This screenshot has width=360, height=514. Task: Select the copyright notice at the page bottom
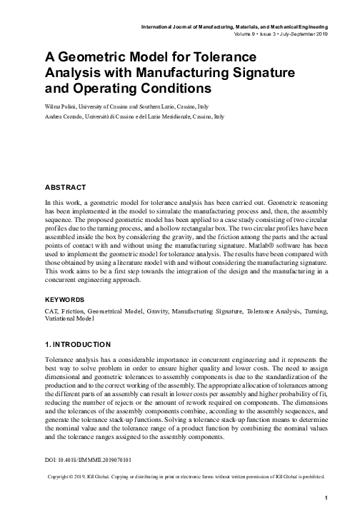(x=185, y=475)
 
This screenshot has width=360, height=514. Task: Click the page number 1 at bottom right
(x=325, y=498)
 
